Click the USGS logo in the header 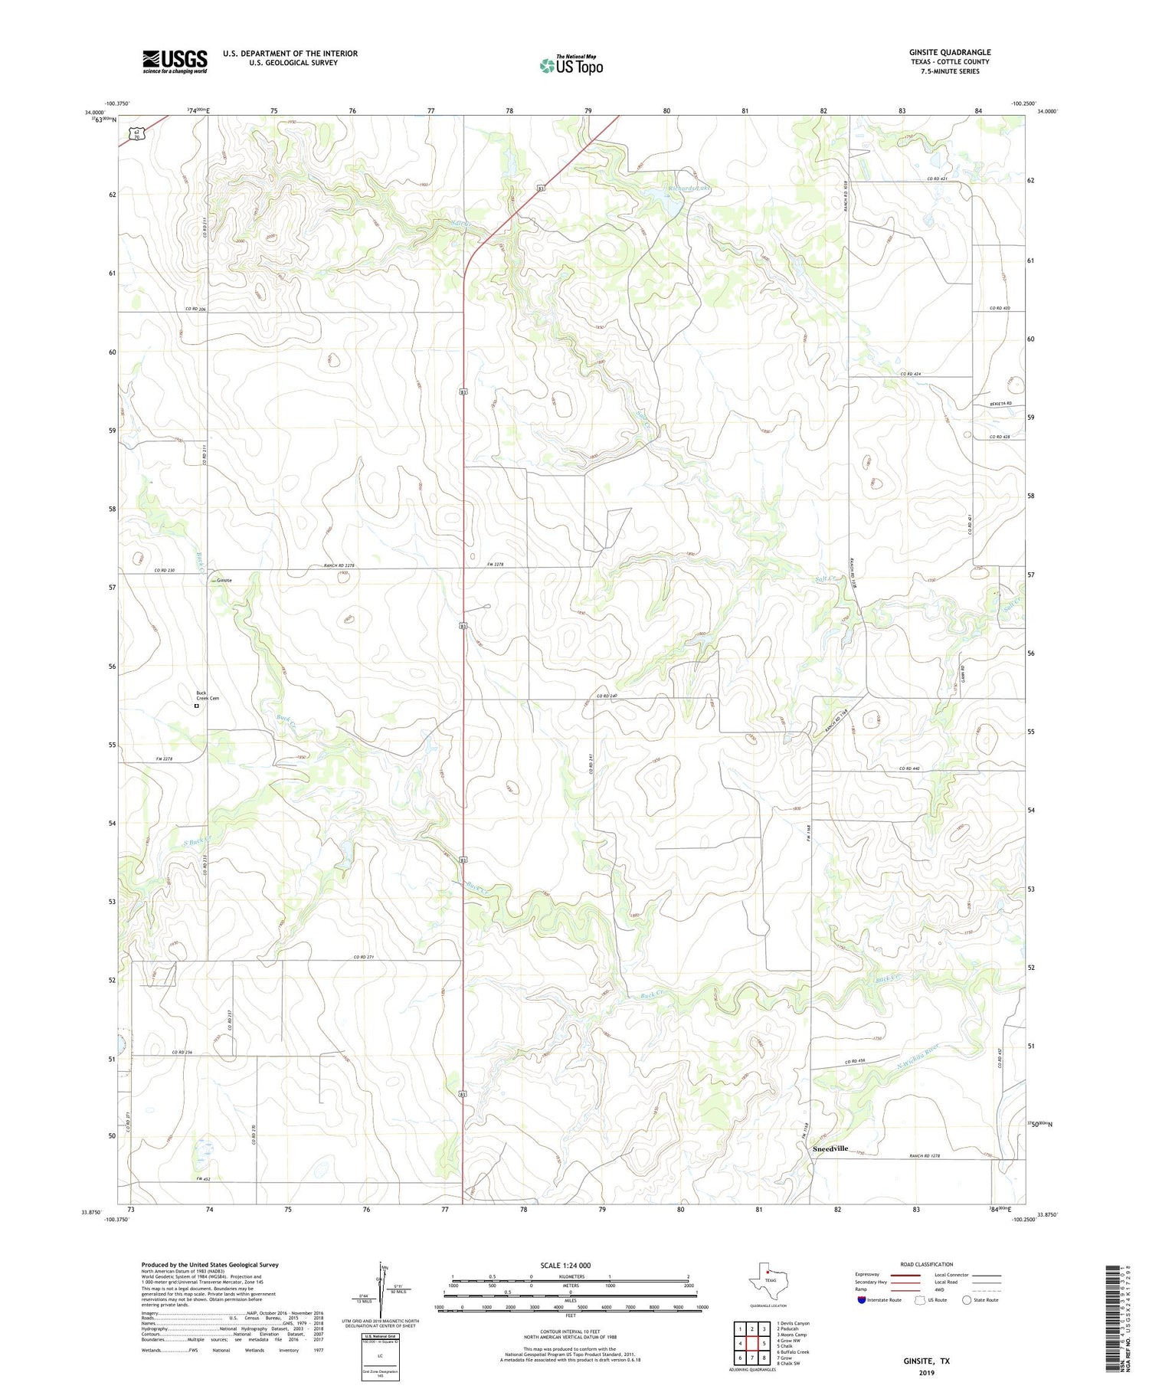pos(175,61)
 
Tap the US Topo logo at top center pos(571,65)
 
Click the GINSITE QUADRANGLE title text pos(949,52)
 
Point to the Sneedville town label pos(830,1148)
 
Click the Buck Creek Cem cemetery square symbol pos(197,706)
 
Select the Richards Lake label pos(689,188)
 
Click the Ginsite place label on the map pos(224,580)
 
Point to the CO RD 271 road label pos(365,957)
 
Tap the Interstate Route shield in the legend pos(862,1299)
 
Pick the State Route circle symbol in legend pos(967,1299)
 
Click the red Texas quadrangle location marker pos(767,1273)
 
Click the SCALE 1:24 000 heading pos(570,1265)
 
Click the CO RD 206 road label pos(196,309)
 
